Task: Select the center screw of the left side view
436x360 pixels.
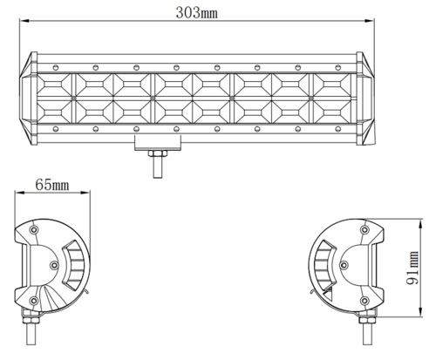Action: click(x=54, y=265)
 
